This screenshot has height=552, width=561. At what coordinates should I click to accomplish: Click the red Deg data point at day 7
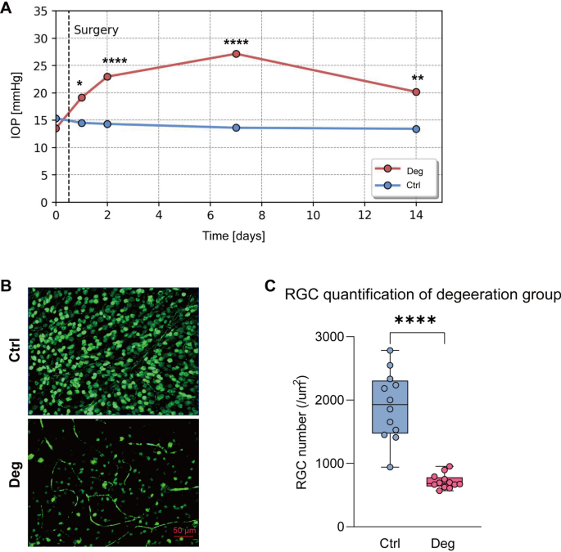(236, 54)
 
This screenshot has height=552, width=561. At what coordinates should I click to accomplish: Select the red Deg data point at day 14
(416, 92)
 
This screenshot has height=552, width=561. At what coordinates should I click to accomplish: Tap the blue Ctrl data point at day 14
(416, 128)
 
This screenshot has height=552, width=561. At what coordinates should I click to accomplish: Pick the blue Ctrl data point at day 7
(236, 128)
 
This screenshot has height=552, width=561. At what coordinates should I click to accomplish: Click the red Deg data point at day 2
(107, 76)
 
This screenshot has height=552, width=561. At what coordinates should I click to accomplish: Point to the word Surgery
(96, 30)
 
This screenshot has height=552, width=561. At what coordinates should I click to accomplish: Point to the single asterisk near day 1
(80, 84)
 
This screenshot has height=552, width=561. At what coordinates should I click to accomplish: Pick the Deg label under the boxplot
(444, 543)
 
